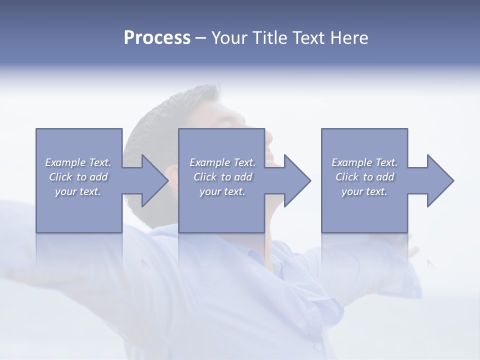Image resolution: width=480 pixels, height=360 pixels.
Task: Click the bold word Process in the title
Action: pos(157,38)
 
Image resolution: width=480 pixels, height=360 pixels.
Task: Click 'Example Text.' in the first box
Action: pos(78,162)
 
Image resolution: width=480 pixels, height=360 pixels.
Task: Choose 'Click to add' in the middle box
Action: pos(222,177)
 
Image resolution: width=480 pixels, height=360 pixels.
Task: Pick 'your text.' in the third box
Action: pos(364,191)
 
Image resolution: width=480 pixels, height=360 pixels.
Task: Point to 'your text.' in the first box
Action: pos(78,191)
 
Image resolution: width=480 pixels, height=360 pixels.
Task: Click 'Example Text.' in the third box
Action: pos(364,162)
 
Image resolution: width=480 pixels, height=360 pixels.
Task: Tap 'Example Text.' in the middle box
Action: pos(222,162)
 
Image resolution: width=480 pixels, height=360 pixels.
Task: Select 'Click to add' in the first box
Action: pos(78,177)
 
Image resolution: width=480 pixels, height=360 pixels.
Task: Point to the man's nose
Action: pos(269,135)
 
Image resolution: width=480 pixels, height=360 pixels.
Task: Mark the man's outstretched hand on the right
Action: pos(413,250)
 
